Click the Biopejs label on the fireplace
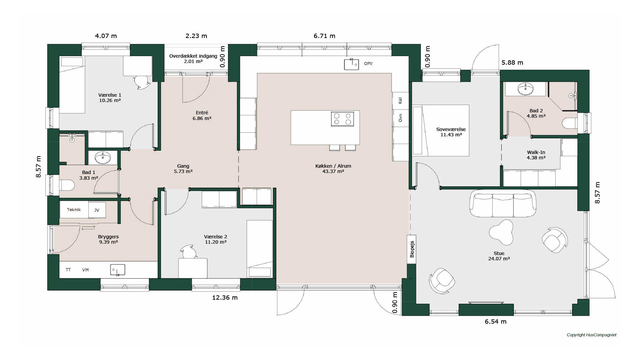[x=412, y=249]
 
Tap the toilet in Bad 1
[x=67, y=185]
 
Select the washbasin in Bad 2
[x=525, y=89]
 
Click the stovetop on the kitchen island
[x=342, y=119]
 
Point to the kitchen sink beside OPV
[x=351, y=64]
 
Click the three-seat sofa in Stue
[x=503, y=203]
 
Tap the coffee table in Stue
[x=501, y=232]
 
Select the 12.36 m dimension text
[x=225, y=298]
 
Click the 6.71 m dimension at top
[x=324, y=36]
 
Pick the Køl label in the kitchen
[x=400, y=100]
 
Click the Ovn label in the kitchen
[x=400, y=118]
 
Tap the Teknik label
[x=74, y=210]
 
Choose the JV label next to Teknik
[x=97, y=210]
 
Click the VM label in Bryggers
[x=85, y=270]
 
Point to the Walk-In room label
[x=536, y=152]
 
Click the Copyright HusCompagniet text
[x=592, y=335]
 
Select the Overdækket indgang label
[x=193, y=56]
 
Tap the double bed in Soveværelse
[x=441, y=130]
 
